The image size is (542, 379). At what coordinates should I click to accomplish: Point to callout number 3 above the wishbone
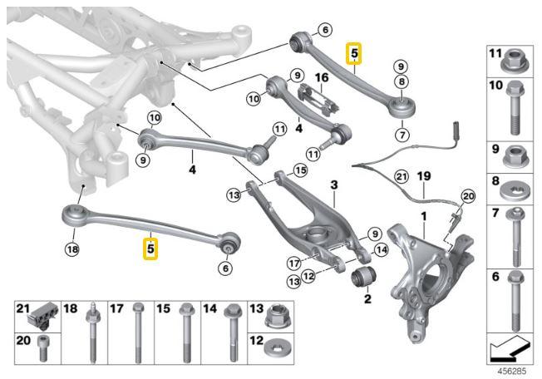[x=333, y=184]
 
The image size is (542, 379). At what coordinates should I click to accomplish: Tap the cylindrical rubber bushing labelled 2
[x=364, y=275]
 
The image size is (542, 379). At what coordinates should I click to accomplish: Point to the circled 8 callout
[x=402, y=81]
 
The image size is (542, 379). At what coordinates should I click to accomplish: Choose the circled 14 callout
[x=381, y=248]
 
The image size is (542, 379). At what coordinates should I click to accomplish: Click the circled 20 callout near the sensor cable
[x=467, y=196]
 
